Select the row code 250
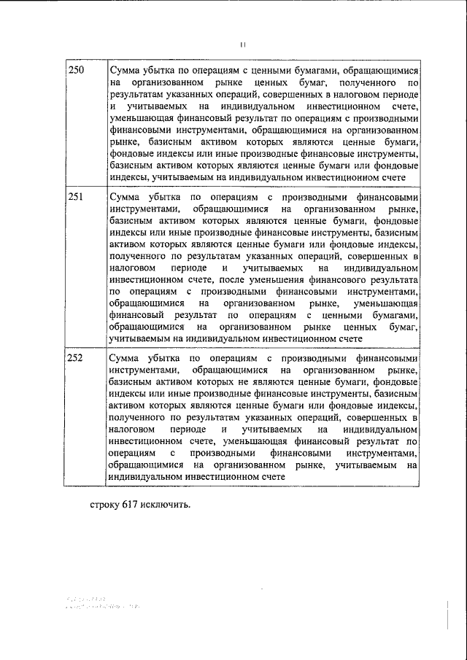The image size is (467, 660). (76, 69)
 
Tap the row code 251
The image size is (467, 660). (76, 197)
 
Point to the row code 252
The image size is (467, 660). (76, 358)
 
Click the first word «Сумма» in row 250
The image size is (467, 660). (126, 70)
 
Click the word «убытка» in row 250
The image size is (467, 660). (163, 70)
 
